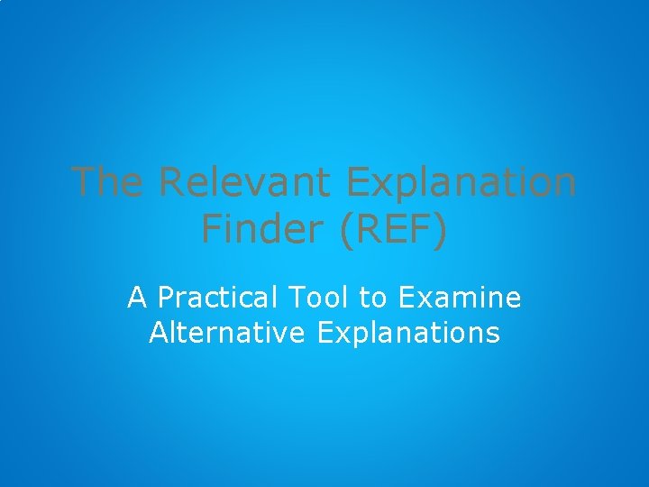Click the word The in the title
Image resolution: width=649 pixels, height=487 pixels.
coord(106,182)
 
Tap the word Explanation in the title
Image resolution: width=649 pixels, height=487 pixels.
coord(461,184)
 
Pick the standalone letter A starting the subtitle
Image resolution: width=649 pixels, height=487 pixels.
coord(137,296)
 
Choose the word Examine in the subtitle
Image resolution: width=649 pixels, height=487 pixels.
coord(460,296)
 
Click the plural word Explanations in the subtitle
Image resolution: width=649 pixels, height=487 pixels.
coord(408,334)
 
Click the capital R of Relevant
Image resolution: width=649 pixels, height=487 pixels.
coord(170,182)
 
